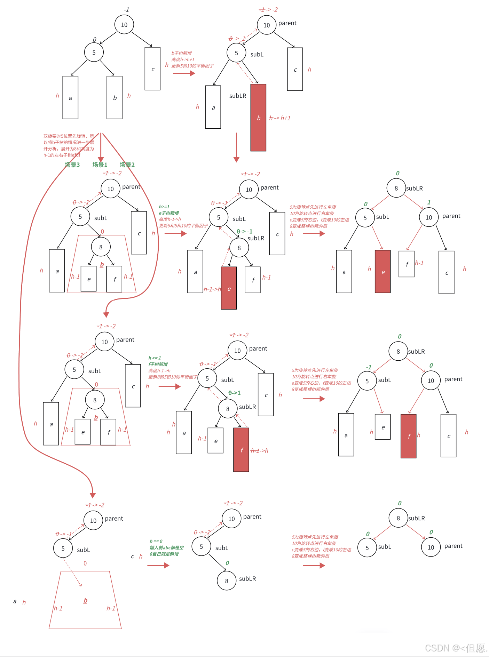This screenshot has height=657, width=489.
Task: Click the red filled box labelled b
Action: click(x=258, y=118)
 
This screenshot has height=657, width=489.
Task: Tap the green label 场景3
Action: click(x=72, y=165)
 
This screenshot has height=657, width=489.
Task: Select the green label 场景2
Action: click(x=127, y=165)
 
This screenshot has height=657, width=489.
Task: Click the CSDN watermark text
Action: click(x=456, y=648)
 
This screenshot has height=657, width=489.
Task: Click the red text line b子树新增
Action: click(x=181, y=53)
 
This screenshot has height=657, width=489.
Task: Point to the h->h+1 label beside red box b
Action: click(x=280, y=118)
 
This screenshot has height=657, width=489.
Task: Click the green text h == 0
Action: click(x=156, y=541)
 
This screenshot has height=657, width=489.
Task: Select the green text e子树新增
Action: click(x=169, y=213)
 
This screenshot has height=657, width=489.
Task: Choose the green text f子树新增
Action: click(x=158, y=364)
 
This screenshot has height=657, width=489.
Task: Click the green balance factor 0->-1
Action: click(x=244, y=231)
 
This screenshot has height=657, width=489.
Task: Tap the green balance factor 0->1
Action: click(x=234, y=393)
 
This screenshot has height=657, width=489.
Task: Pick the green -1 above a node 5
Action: click(x=369, y=367)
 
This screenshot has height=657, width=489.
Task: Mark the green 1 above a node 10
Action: click(x=429, y=202)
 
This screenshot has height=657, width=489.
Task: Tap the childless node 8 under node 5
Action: click(x=227, y=581)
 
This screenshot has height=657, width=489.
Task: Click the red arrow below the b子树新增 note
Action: click(x=184, y=73)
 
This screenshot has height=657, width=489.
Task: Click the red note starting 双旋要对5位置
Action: click(x=69, y=145)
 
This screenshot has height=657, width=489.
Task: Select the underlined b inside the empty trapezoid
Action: click(x=85, y=600)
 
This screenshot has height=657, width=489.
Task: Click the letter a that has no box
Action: click(x=15, y=601)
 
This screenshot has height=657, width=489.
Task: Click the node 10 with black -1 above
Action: click(x=124, y=25)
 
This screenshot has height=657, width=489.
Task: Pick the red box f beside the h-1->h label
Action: click(x=241, y=450)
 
